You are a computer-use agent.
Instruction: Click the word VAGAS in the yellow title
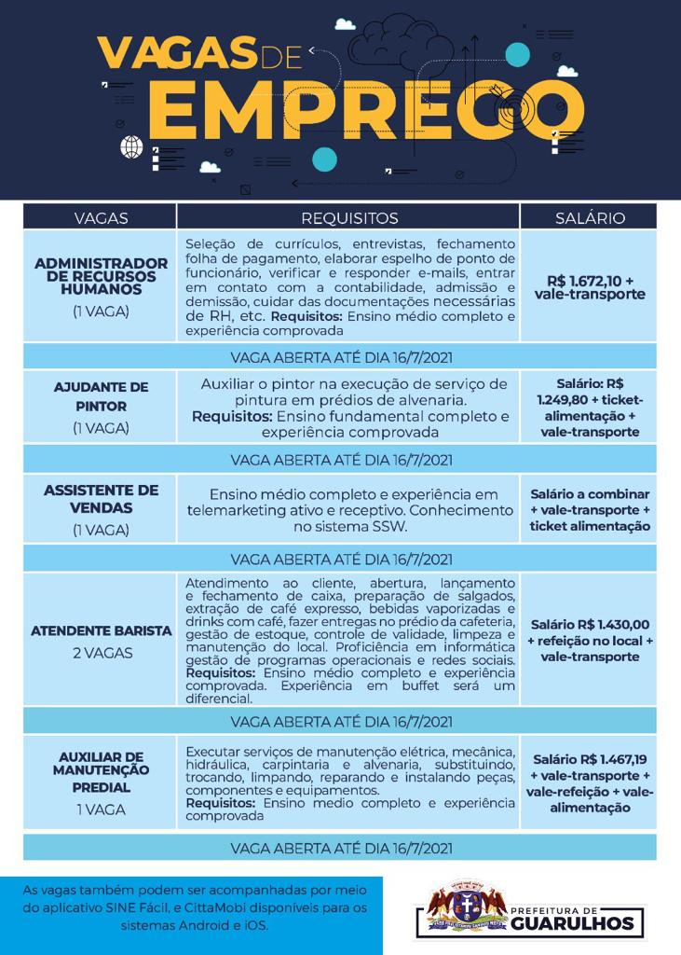tap(176, 52)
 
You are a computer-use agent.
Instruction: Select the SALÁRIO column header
tap(590, 218)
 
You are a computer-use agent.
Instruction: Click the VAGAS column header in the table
tap(101, 218)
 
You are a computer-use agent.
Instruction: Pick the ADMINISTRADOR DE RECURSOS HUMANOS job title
tap(101, 276)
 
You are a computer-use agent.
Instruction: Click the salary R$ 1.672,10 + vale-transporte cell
tap(590, 287)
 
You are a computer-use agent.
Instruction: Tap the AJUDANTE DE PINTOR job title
tap(101, 396)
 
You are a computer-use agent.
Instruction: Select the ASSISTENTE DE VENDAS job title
tap(101, 499)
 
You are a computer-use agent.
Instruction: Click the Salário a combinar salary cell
tap(590, 510)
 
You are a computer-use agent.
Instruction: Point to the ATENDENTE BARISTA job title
tap(101, 630)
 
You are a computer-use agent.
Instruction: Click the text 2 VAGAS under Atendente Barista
tap(101, 653)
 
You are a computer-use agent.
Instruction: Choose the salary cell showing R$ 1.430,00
tap(590, 641)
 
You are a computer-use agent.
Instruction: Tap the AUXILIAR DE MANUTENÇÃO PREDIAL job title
tap(101, 772)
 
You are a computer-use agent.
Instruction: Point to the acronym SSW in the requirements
tap(388, 527)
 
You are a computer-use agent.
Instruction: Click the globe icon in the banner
tap(131, 146)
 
